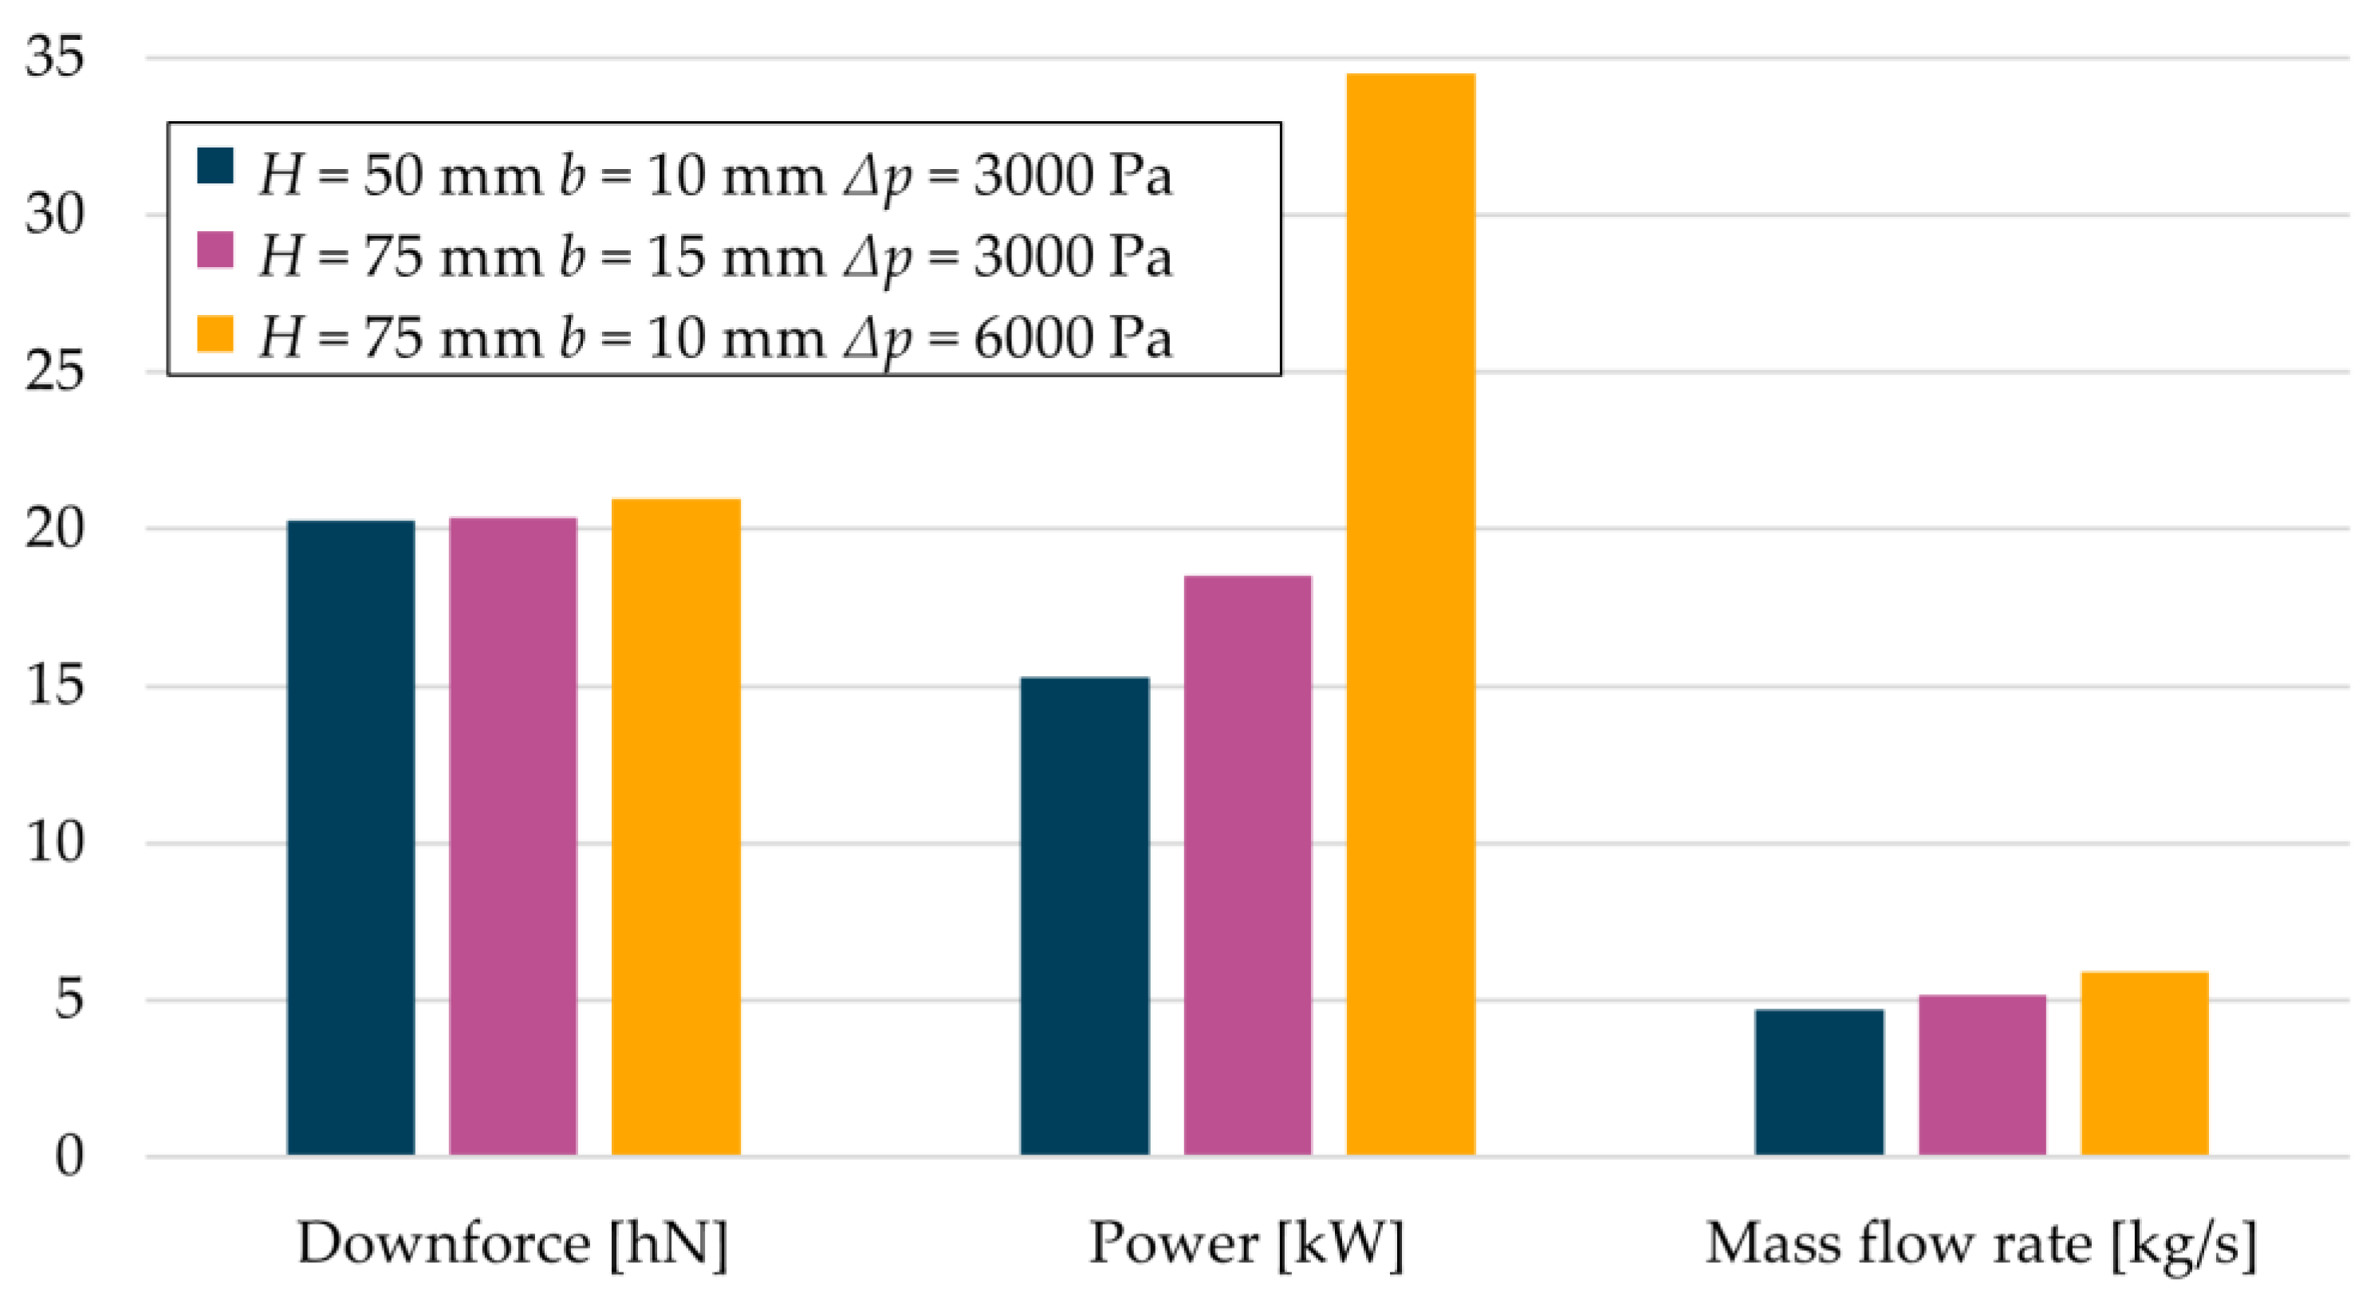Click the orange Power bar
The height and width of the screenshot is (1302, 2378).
(x=1410, y=614)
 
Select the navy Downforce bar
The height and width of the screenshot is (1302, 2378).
(x=351, y=837)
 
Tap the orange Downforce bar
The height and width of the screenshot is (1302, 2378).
(x=675, y=826)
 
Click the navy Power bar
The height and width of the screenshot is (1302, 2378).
(x=1085, y=915)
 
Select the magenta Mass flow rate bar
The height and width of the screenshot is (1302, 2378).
(x=1982, y=1074)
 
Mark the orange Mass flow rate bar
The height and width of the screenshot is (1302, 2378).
(x=2144, y=1063)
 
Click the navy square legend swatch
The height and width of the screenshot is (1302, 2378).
(x=215, y=166)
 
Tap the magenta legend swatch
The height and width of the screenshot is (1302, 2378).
(x=215, y=249)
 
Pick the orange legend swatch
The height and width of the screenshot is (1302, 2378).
(x=215, y=333)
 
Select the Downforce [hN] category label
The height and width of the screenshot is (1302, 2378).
(x=512, y=1244)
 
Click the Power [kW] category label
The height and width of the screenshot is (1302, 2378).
(x=1246, y=1244)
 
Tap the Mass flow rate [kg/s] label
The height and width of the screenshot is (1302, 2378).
(x=1981, y=1244)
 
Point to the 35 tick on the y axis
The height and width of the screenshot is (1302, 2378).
(x=54, y=57)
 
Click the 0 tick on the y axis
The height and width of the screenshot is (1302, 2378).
(x=69, y=1155)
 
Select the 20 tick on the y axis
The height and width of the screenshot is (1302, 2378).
(x=54, y=529)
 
